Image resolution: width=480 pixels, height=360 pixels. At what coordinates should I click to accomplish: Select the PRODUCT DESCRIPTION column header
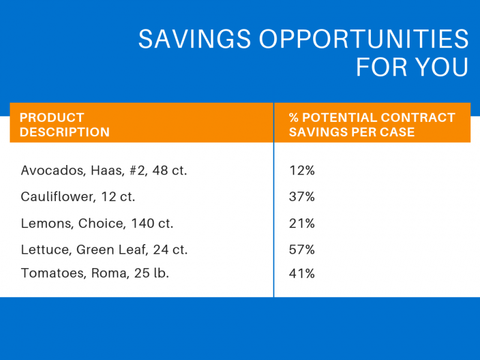click(65, 125)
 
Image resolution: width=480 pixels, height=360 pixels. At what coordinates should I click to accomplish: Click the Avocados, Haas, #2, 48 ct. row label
click(104, 170)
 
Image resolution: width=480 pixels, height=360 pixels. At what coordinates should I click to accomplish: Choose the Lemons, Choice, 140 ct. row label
click(97, 224)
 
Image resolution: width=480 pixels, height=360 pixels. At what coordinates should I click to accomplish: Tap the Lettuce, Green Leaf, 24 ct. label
click(108, 250)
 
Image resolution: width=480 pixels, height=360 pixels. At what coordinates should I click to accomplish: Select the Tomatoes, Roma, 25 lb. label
click(95, 274)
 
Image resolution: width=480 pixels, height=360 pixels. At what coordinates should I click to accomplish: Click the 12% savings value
click(302, 170)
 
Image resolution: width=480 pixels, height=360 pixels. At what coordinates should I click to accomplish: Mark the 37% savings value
click(302, 197)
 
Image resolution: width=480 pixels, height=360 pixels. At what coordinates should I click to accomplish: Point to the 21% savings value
click(302, 224)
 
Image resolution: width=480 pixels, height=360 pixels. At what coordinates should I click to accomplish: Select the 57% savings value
click(302, 250)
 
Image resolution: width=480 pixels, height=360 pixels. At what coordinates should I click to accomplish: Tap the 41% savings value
click(302, 274)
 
